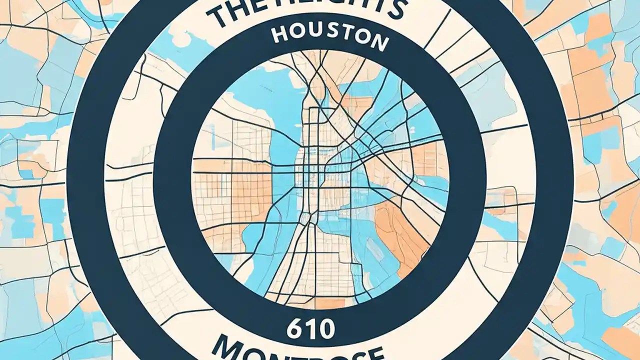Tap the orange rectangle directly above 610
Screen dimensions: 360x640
330,304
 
